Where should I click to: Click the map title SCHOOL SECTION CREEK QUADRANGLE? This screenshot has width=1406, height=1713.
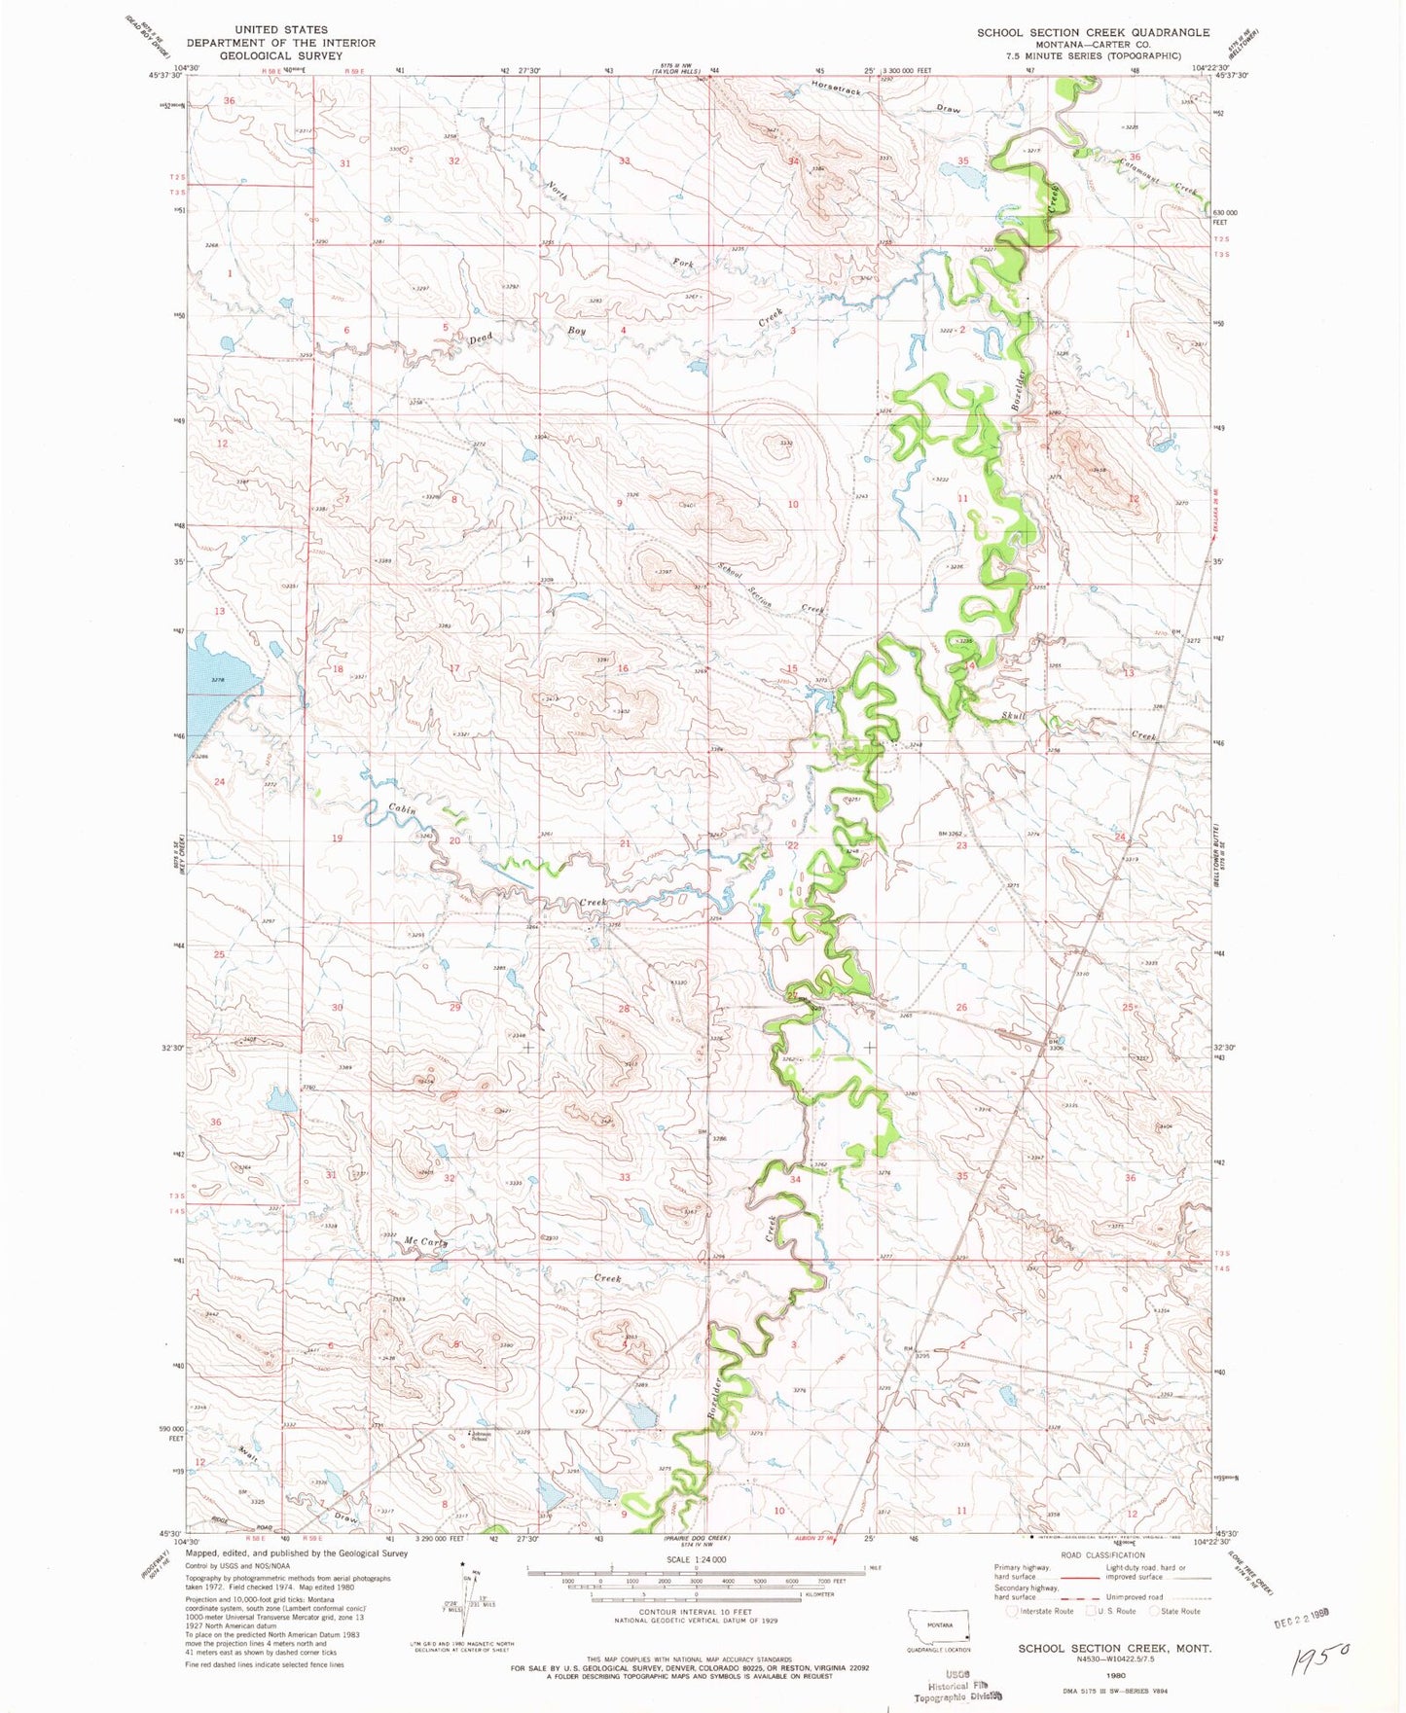click(x=1093, y=32)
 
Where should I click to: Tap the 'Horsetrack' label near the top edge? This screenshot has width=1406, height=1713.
click(x=836, y=90)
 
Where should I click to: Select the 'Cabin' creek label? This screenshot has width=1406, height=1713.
click(x=403, y=809)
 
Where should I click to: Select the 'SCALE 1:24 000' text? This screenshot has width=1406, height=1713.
click(x=696, y=1559)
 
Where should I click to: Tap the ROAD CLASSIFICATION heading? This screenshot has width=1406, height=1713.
click(x=1102, y=1555)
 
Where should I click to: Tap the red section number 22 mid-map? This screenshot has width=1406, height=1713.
click(x=793, y=845)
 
